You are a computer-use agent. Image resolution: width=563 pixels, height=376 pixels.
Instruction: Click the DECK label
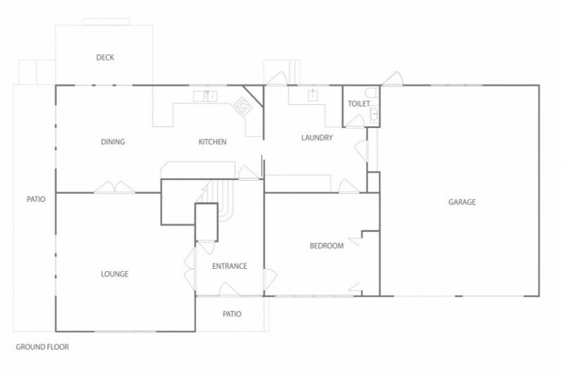[105, 57]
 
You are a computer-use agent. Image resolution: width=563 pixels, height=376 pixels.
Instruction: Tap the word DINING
[113, 142]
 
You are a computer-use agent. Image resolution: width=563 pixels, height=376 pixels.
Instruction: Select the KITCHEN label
[213, 142]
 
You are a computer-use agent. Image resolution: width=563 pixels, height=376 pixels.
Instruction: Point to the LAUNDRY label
[317, 137]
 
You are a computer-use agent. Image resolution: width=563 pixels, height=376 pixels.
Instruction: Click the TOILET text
[358, 104]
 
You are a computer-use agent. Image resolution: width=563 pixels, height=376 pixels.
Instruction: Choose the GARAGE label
[462, 202]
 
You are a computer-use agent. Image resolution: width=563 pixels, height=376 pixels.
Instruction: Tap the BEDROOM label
[327, 246]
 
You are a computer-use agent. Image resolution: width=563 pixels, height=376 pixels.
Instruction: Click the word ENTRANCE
[229, 266]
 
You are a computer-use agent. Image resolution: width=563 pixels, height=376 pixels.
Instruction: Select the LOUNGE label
[114, 274]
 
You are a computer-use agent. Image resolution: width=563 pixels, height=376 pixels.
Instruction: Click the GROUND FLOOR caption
[43, 347]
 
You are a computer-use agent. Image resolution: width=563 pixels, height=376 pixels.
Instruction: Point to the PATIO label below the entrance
[232, 314]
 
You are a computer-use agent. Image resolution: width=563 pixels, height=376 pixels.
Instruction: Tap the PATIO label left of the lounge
[36, 198]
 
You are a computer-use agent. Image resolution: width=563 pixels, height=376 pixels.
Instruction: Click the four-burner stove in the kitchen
[243, 107]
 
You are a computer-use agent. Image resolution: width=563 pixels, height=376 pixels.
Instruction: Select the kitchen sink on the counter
[206, 96]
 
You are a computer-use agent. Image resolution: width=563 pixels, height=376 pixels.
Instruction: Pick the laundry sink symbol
[313, 95]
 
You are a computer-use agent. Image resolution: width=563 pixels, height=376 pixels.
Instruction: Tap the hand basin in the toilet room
[373, 114]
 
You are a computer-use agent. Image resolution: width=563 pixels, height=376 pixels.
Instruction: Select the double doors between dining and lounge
[114, 187]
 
